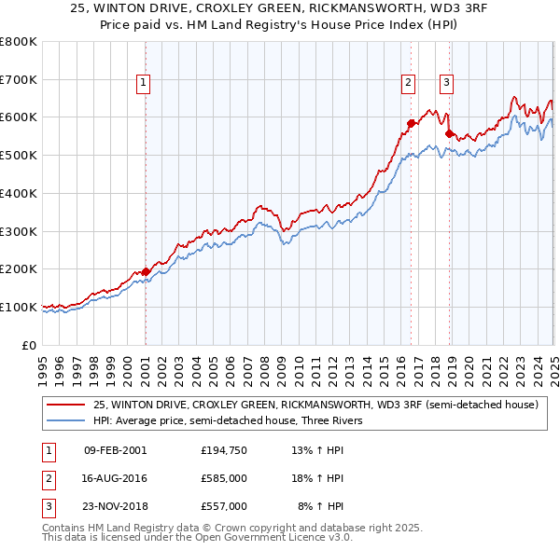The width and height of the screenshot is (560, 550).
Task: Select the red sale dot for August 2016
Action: pos(410,122)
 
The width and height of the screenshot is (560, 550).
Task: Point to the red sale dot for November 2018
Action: pos(449,133)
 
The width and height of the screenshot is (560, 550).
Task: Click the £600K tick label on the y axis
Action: pos(18,117)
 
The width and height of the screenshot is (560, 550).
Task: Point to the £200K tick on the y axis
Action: pos(18,269)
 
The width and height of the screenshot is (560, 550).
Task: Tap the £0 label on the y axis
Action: pos(30,345)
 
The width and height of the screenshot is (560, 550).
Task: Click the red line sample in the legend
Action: pos(66,406)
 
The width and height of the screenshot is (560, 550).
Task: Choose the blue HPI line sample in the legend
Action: pos(66,420)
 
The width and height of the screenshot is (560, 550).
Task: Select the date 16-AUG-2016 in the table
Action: pos(115,478)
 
